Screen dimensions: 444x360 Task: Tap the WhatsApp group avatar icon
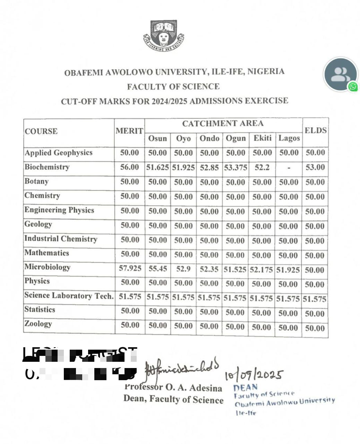[340, 75]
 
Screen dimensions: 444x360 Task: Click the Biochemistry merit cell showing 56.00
[129, 167]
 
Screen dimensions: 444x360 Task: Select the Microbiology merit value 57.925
[130, 268]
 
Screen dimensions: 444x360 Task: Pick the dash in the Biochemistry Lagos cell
[289, 168]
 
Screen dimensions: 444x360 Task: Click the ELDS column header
[315, 130]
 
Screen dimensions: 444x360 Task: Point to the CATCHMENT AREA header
[223, 123]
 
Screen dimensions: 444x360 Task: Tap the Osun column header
[157, 138]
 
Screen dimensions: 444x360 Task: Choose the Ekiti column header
[262, 138]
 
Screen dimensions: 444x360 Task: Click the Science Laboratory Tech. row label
[69, 296]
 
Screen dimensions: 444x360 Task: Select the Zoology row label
[38, 324]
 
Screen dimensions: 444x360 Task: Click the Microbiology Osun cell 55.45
[157, 268]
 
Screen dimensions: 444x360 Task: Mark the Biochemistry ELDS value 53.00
[315, 168]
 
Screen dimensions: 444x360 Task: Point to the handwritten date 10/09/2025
[254, 375]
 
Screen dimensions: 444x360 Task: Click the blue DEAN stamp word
[245, 387]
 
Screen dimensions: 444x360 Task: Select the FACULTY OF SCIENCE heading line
[173, 86]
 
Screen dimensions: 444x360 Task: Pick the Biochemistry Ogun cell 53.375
[235, 168]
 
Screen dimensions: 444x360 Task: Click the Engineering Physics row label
[59, 210]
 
